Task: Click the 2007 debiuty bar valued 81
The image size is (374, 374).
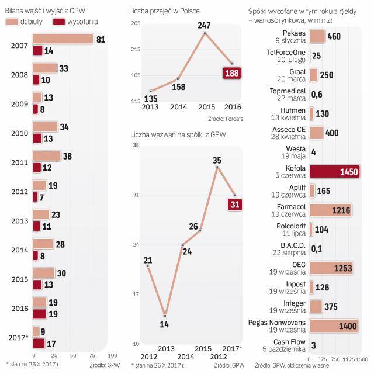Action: (x=63, y=39)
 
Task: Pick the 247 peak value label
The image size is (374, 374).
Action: (x=205, y=26)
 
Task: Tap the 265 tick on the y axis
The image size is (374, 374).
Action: (x=136, y=24)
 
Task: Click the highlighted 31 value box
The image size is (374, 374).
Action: (x=234, y=204)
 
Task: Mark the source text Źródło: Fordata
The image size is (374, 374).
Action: (x=226, y=119)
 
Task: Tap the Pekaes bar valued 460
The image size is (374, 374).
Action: (x=317, y=36)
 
